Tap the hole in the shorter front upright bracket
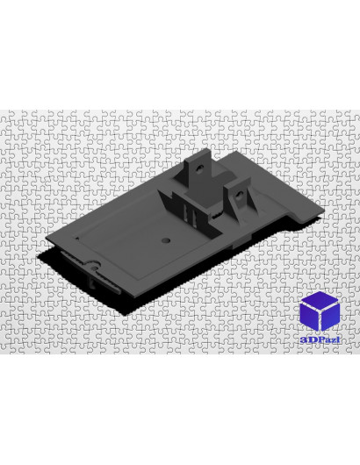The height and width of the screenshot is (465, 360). pyautogui.click(x=239, y=195)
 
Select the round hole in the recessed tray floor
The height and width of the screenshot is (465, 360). pyautogui.click(x=166, y=240)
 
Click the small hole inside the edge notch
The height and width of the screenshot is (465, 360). pyautogui.click(x=94, y=268)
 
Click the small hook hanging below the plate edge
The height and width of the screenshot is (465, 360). pyautogui.click(x=91, y=283)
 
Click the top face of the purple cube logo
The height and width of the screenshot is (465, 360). pyautogui.click(x=320, y=300)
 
